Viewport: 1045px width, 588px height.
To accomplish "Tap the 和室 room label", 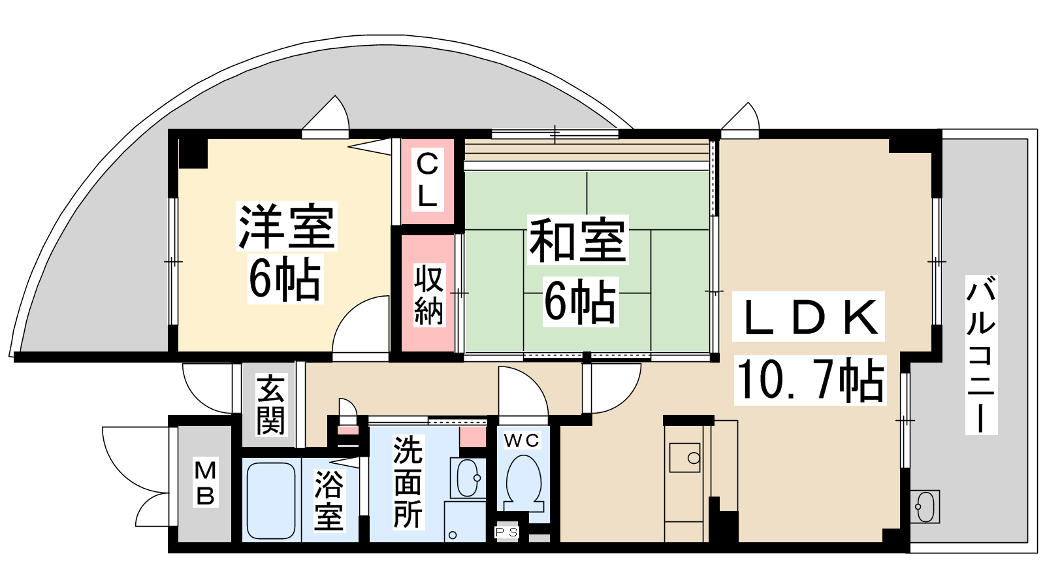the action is pyautogui.click(x=577, y=239).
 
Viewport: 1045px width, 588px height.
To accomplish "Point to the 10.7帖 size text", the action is pyautogui.click(x=810, y=380).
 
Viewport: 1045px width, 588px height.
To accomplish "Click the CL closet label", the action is pyautogui.click(x=427, y=180).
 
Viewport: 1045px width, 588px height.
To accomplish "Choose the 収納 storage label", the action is pyautogui.click(x=428, y=295).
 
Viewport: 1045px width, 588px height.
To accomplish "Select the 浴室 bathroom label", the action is pyautogui.click(x=329, y=500).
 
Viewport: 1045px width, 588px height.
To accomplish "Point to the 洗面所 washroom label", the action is pyautogui.click(x=408, y=482).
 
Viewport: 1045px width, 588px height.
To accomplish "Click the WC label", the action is pyautogui.click(x=522, y=440).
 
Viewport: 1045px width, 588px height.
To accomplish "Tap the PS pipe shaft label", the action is pyautogui.click(x=506, y=532).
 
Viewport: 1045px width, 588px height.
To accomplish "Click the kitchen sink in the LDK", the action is pyautogui.click(x=685, y=458).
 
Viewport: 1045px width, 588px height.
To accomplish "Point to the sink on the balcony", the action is pyautogui.click(x=924, y=506).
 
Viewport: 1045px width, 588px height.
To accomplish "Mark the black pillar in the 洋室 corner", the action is pyautogui.click(x=193, y=153).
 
